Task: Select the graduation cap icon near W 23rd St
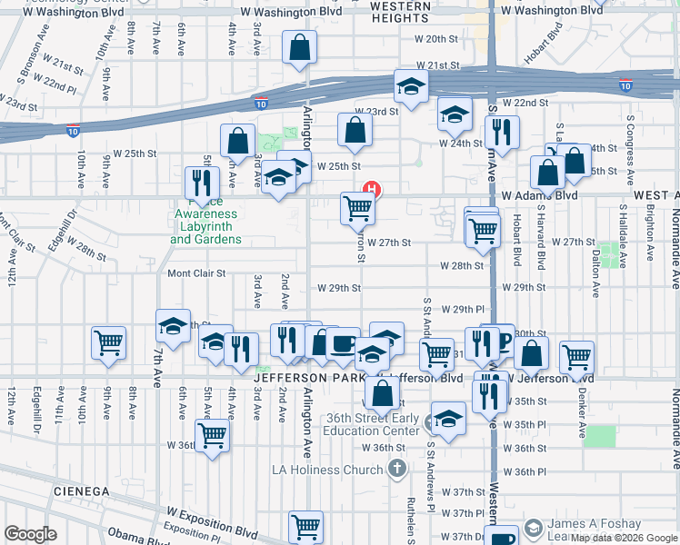pos(411,87)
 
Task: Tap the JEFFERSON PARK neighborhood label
pos(308,377)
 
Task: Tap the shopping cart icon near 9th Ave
pos(108,343)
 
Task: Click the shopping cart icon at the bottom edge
pos(306,526)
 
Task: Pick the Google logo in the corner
pos(30,534)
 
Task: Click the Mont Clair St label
pos(195,272)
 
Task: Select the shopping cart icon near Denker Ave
pos(577,357)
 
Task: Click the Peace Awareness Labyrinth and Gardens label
pos(205,226)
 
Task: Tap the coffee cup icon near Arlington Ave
pos(344,344)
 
